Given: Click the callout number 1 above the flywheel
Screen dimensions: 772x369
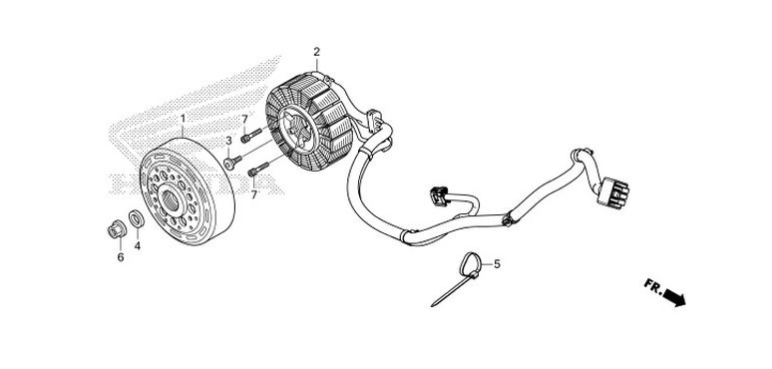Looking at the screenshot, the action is (184, 119).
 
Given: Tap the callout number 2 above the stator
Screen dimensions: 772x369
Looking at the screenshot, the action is (316, 52).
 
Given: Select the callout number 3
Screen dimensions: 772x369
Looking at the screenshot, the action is (228, 141).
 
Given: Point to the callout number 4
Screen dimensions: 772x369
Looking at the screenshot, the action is (138, 246).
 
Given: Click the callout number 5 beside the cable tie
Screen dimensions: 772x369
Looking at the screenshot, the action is (498, 264).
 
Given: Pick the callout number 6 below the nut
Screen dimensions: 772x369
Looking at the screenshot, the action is (121, 257).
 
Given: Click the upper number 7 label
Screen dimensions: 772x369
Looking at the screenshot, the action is (244, 119).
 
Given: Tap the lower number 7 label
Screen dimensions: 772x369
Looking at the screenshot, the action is (254, 194).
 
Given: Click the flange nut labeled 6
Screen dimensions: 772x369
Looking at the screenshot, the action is (117, 229).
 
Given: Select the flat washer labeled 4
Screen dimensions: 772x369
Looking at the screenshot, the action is (137, 219).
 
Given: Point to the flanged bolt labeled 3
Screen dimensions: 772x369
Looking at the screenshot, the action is (232, 162).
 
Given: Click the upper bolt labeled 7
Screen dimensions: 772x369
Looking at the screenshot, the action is (251, 136).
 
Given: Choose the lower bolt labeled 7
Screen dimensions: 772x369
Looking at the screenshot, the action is (258, 169).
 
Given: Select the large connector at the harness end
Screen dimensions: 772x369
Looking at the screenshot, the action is (613, 192).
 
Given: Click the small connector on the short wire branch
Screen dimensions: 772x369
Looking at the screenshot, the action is (438, 196).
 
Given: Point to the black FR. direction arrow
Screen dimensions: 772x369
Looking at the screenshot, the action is (674, 297).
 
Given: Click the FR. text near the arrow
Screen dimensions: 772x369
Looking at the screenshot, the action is (653, 287).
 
